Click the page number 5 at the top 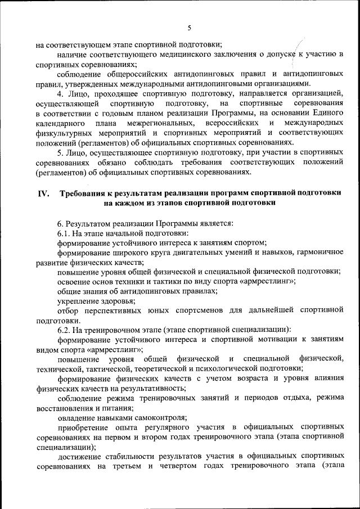189,28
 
